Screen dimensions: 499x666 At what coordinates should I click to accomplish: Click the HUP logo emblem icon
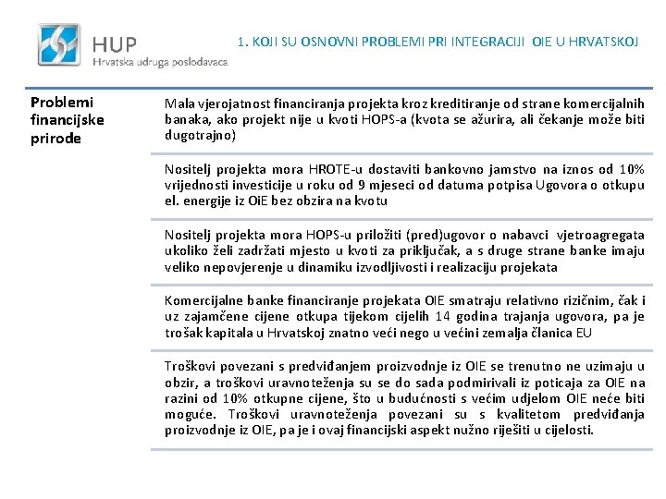pos(58,43)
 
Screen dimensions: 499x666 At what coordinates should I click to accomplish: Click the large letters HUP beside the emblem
pos(115,43)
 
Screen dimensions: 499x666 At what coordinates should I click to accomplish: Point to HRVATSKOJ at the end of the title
pos(603,41)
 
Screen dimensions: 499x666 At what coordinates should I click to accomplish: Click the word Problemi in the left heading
pos(61,102)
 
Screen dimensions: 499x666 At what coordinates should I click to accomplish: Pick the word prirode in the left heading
pos(56,139)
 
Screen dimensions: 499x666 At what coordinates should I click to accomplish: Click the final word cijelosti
pos(566,430)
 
